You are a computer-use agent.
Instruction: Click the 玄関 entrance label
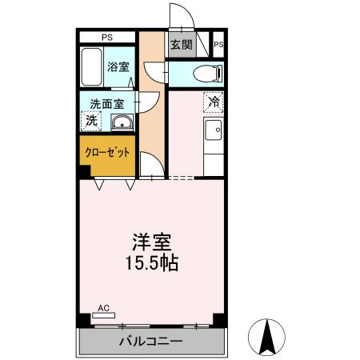[181, 45]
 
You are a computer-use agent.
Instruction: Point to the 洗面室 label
[106, 104]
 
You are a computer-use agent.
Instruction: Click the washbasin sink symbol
[122, 122]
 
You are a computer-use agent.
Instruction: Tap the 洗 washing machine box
[91, 121]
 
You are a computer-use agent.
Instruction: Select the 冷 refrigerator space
[214, 102]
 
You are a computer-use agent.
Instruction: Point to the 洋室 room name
[151, 241]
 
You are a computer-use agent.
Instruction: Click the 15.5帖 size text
[151, 262]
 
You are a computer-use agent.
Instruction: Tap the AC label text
[102, 307]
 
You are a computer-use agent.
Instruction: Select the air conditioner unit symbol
[103, 315]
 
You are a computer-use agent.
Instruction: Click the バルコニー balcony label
[151, 342]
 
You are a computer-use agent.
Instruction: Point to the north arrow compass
[268, 338]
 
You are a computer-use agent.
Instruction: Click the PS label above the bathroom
[106, 37]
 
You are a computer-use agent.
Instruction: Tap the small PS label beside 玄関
[218, 45]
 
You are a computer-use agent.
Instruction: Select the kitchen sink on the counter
[214, 130]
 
